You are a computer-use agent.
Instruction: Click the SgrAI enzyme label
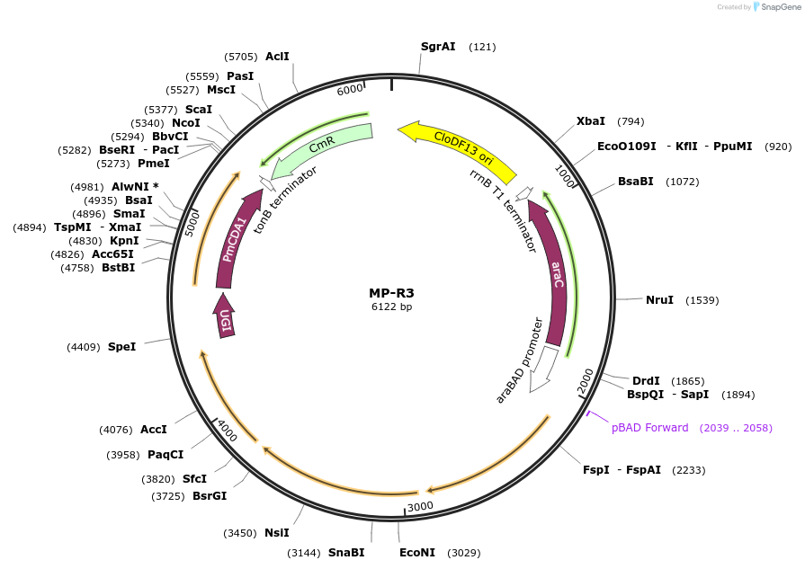[438, 47]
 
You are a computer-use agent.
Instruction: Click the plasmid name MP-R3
[391, 293]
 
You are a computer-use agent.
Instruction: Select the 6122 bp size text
[391, 307]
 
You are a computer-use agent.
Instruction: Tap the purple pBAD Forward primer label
[649, 428]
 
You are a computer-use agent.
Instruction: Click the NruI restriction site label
[659, 299]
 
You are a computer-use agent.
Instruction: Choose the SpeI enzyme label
[121, 346]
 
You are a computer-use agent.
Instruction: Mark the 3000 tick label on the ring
[420, 507]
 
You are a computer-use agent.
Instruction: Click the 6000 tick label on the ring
[350, 90]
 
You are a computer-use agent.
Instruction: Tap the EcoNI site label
[416, 553]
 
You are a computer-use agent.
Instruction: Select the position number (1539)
[702, 299]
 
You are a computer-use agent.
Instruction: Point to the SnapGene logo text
[779, 7]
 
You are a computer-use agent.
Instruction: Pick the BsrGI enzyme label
[210, 495]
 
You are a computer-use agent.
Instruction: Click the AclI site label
[277, 56]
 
